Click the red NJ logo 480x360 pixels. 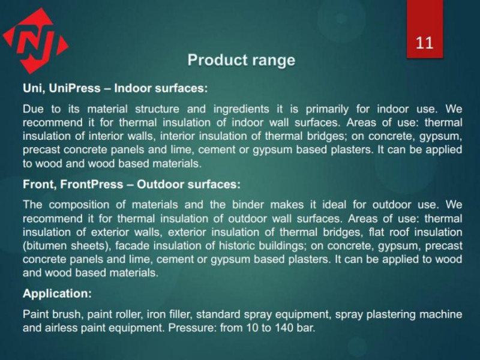35,41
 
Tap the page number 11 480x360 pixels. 425,43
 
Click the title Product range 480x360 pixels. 241,60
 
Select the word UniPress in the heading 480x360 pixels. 74,88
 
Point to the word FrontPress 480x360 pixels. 92,184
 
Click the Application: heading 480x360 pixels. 57,293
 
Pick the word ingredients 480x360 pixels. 241,109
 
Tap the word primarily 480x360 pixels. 327,109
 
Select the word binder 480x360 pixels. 248,205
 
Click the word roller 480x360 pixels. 129,314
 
